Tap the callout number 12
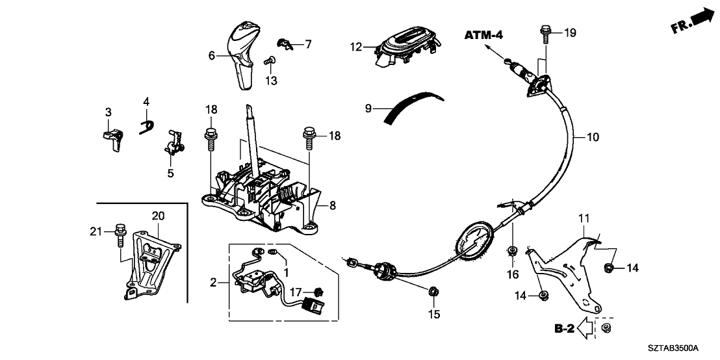coord(354,47)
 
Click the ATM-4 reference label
coord(484,35)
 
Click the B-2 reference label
coord(565,329)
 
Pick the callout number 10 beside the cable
coord(593,137)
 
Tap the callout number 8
coord(331,205)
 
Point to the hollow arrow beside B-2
coord(587,329)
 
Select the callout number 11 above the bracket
coord(583,219)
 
